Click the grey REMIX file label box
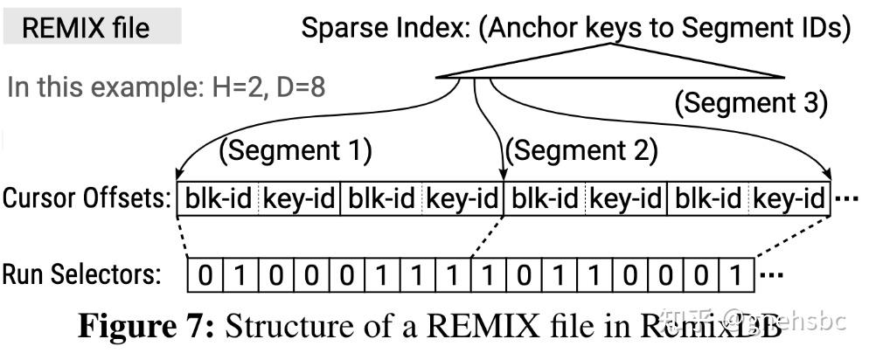pyautogui.click(x=92, y=28)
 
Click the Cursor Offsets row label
pyautogui.click(x=87, y=198)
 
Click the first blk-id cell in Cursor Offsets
pyautogui.click(x=217, y=199)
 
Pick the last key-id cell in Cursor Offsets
pyautogui.click(x=789, y=199)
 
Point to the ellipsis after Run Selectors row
pyautogui.click(x=769, y=277)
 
